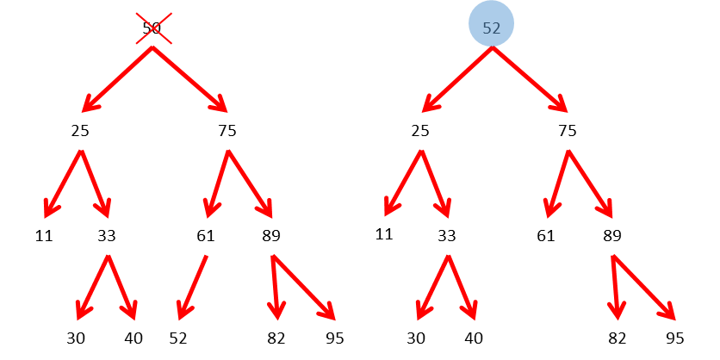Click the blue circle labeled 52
coord(491,24)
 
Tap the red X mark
coord(153,28)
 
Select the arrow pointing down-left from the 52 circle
coord(457,79)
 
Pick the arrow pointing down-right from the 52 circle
coord(530,79)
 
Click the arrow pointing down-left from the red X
coord(118,79)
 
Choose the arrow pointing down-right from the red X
coord(190,79)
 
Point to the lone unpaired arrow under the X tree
coord(193,287)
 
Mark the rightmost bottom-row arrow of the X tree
coord(303,288)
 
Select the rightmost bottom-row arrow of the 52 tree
coord(643,288)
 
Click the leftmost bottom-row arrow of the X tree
coord(92,287)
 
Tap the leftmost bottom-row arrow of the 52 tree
coord(432,287)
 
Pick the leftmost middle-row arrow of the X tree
coord(63,183)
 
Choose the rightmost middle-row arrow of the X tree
coord(250,183)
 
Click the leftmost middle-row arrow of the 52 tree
coord(403,183)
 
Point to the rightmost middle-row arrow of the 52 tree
coord(590,183)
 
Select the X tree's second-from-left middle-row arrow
coord(95,183)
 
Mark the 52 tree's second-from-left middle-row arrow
coord(435,183)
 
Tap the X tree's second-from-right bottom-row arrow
coord(275,287)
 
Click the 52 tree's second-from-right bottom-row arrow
coord(615,287)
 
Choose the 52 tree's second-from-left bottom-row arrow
coord(462,287)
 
